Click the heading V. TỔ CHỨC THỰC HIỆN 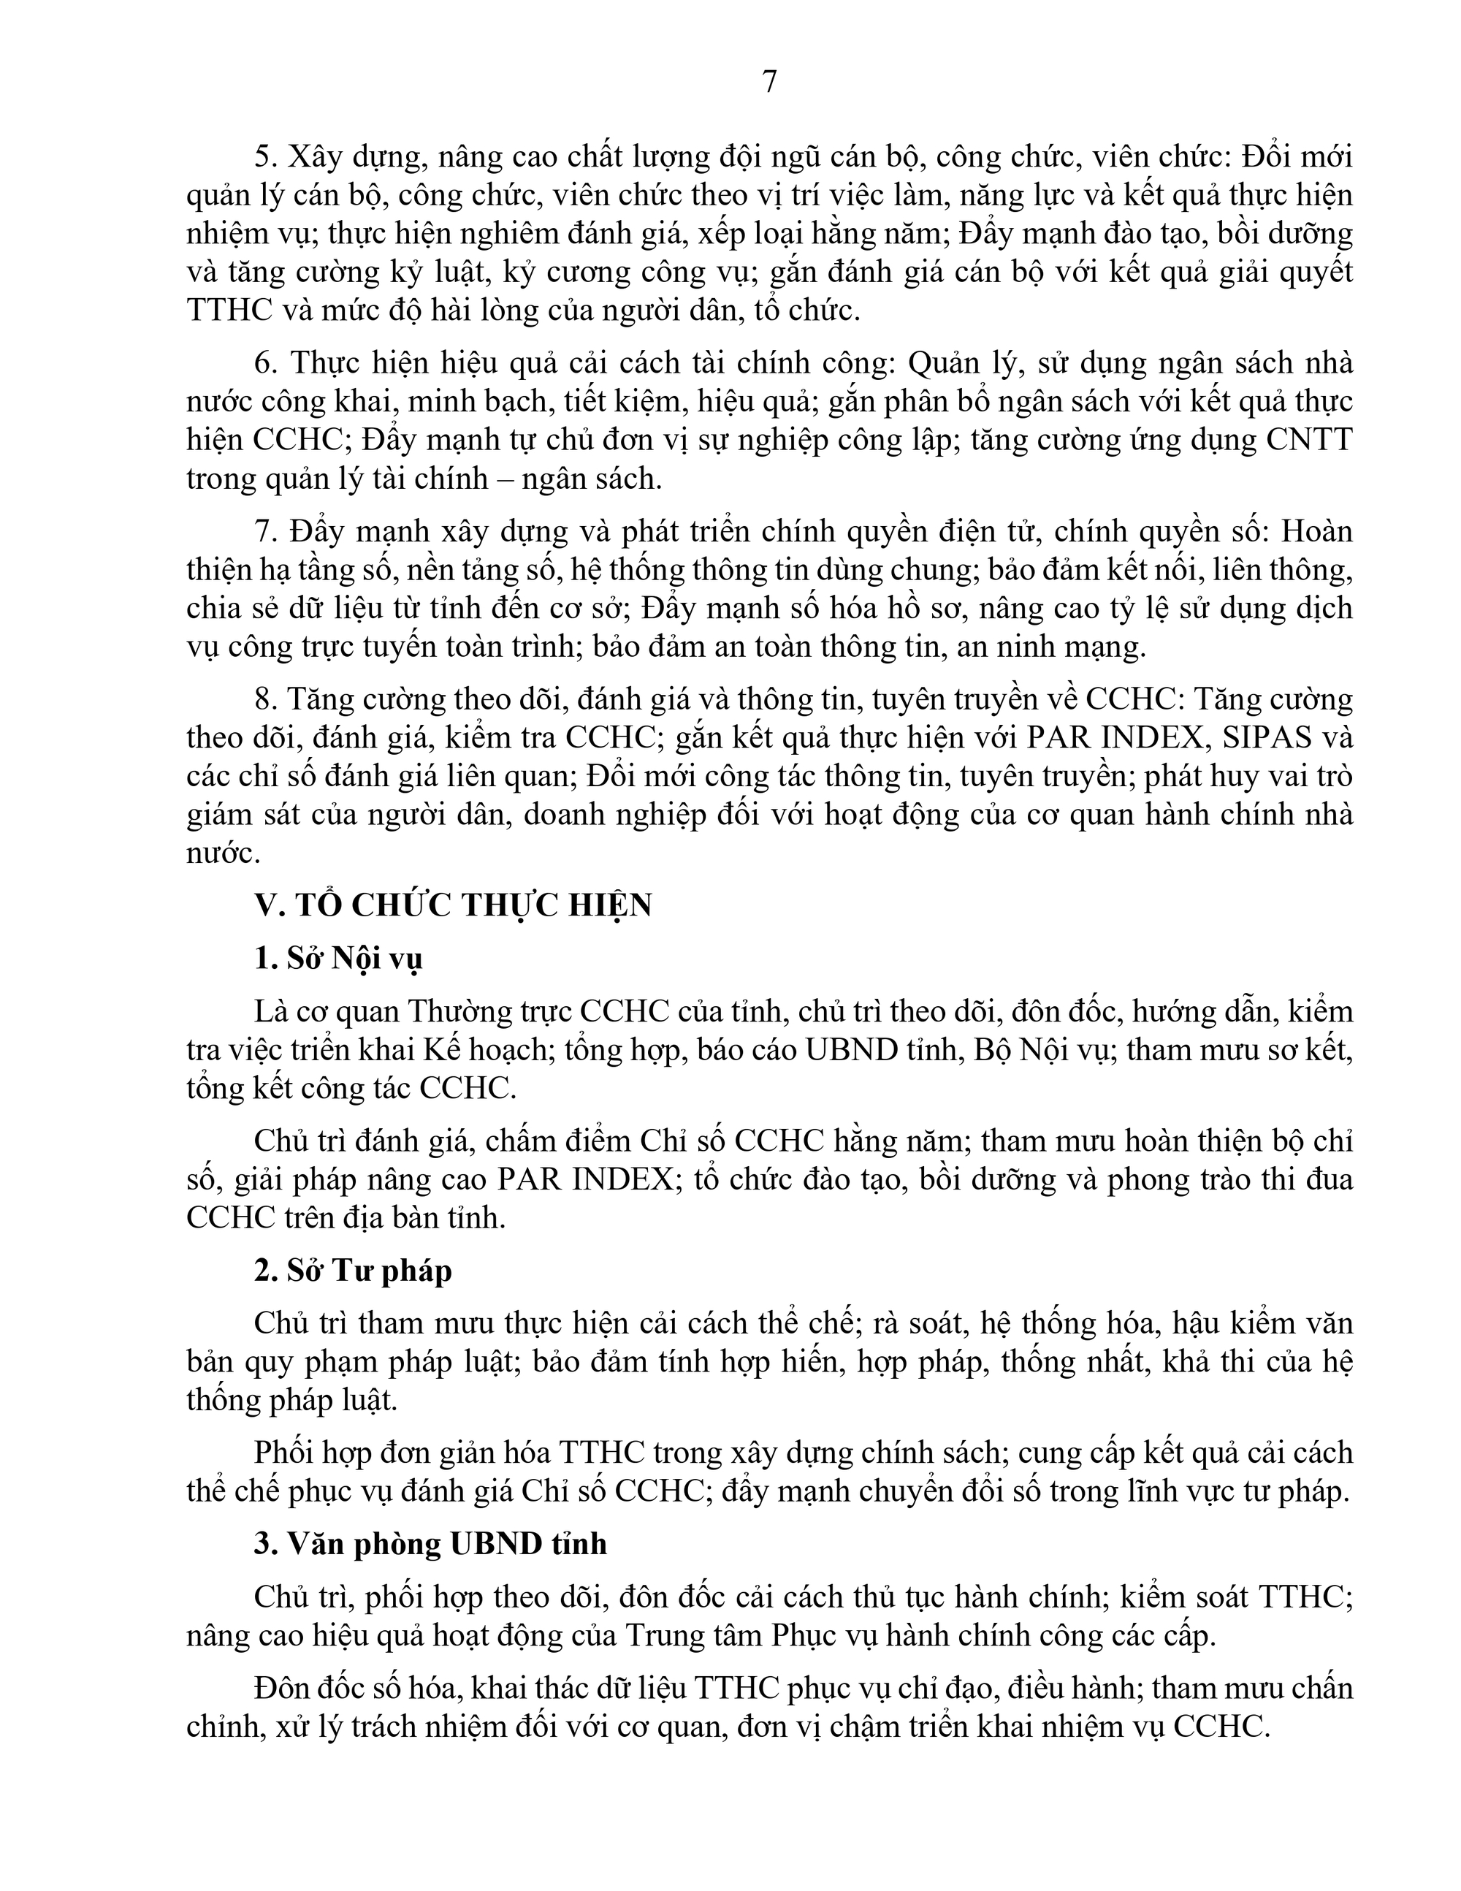453,905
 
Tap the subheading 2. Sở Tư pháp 353,1270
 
